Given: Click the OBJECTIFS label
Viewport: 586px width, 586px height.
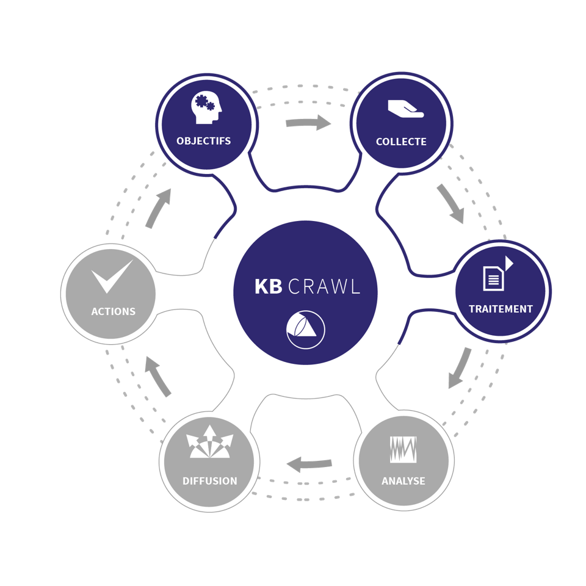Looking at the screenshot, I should (203, 141).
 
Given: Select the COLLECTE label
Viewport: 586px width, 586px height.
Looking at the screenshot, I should (401, 142).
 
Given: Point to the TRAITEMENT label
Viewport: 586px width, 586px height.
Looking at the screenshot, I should (501, 309).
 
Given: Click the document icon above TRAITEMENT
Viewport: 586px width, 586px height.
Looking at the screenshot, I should (495, 276).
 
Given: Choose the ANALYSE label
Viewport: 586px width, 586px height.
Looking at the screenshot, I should (403, 481).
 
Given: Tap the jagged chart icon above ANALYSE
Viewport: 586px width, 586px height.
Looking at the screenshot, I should (403, 449).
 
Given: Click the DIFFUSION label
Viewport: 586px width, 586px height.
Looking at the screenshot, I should (209, 481).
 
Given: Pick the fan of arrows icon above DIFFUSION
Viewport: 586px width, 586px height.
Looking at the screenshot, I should (209, 443).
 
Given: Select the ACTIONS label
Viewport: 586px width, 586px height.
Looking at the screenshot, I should (113, 311).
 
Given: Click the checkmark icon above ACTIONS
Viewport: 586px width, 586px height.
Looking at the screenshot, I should (112, 276).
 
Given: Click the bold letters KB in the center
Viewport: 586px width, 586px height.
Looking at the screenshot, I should (268, 286).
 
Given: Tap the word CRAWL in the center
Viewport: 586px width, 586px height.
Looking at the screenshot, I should (324, 286).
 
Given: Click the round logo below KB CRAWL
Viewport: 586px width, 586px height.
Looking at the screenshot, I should (306, 330).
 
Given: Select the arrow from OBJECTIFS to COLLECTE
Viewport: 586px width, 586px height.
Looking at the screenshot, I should (308, 123).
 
